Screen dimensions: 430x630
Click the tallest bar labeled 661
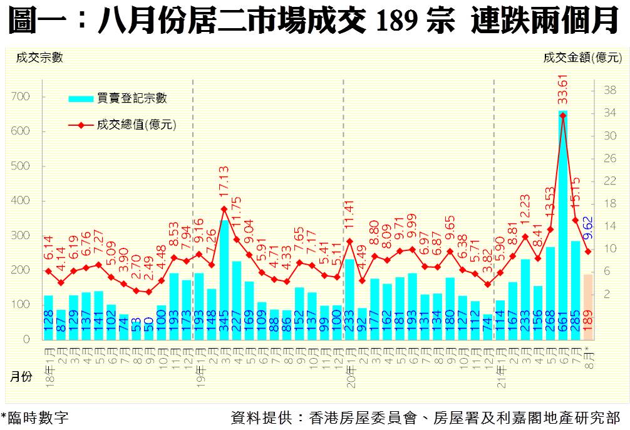point(563,225)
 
